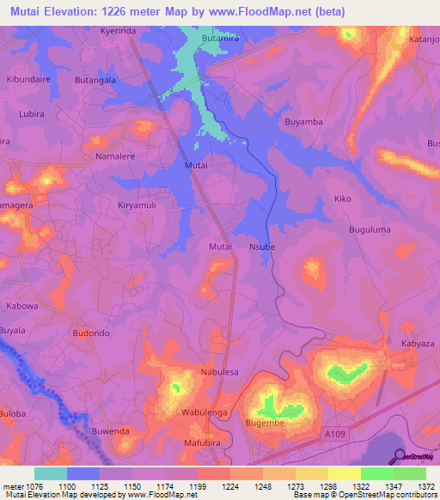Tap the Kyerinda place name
click(x=118, y=30)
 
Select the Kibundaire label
click(x=30, y=78)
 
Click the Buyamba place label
click(x=303, y=122)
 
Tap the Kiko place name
click(x=343, y=198)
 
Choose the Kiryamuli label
click(x=138, y=206)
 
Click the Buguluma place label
click(x=370, y=230)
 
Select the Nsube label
click(x=261, y=247)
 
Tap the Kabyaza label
click(x=418, y=344)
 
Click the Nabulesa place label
click(x=218, y=372)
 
